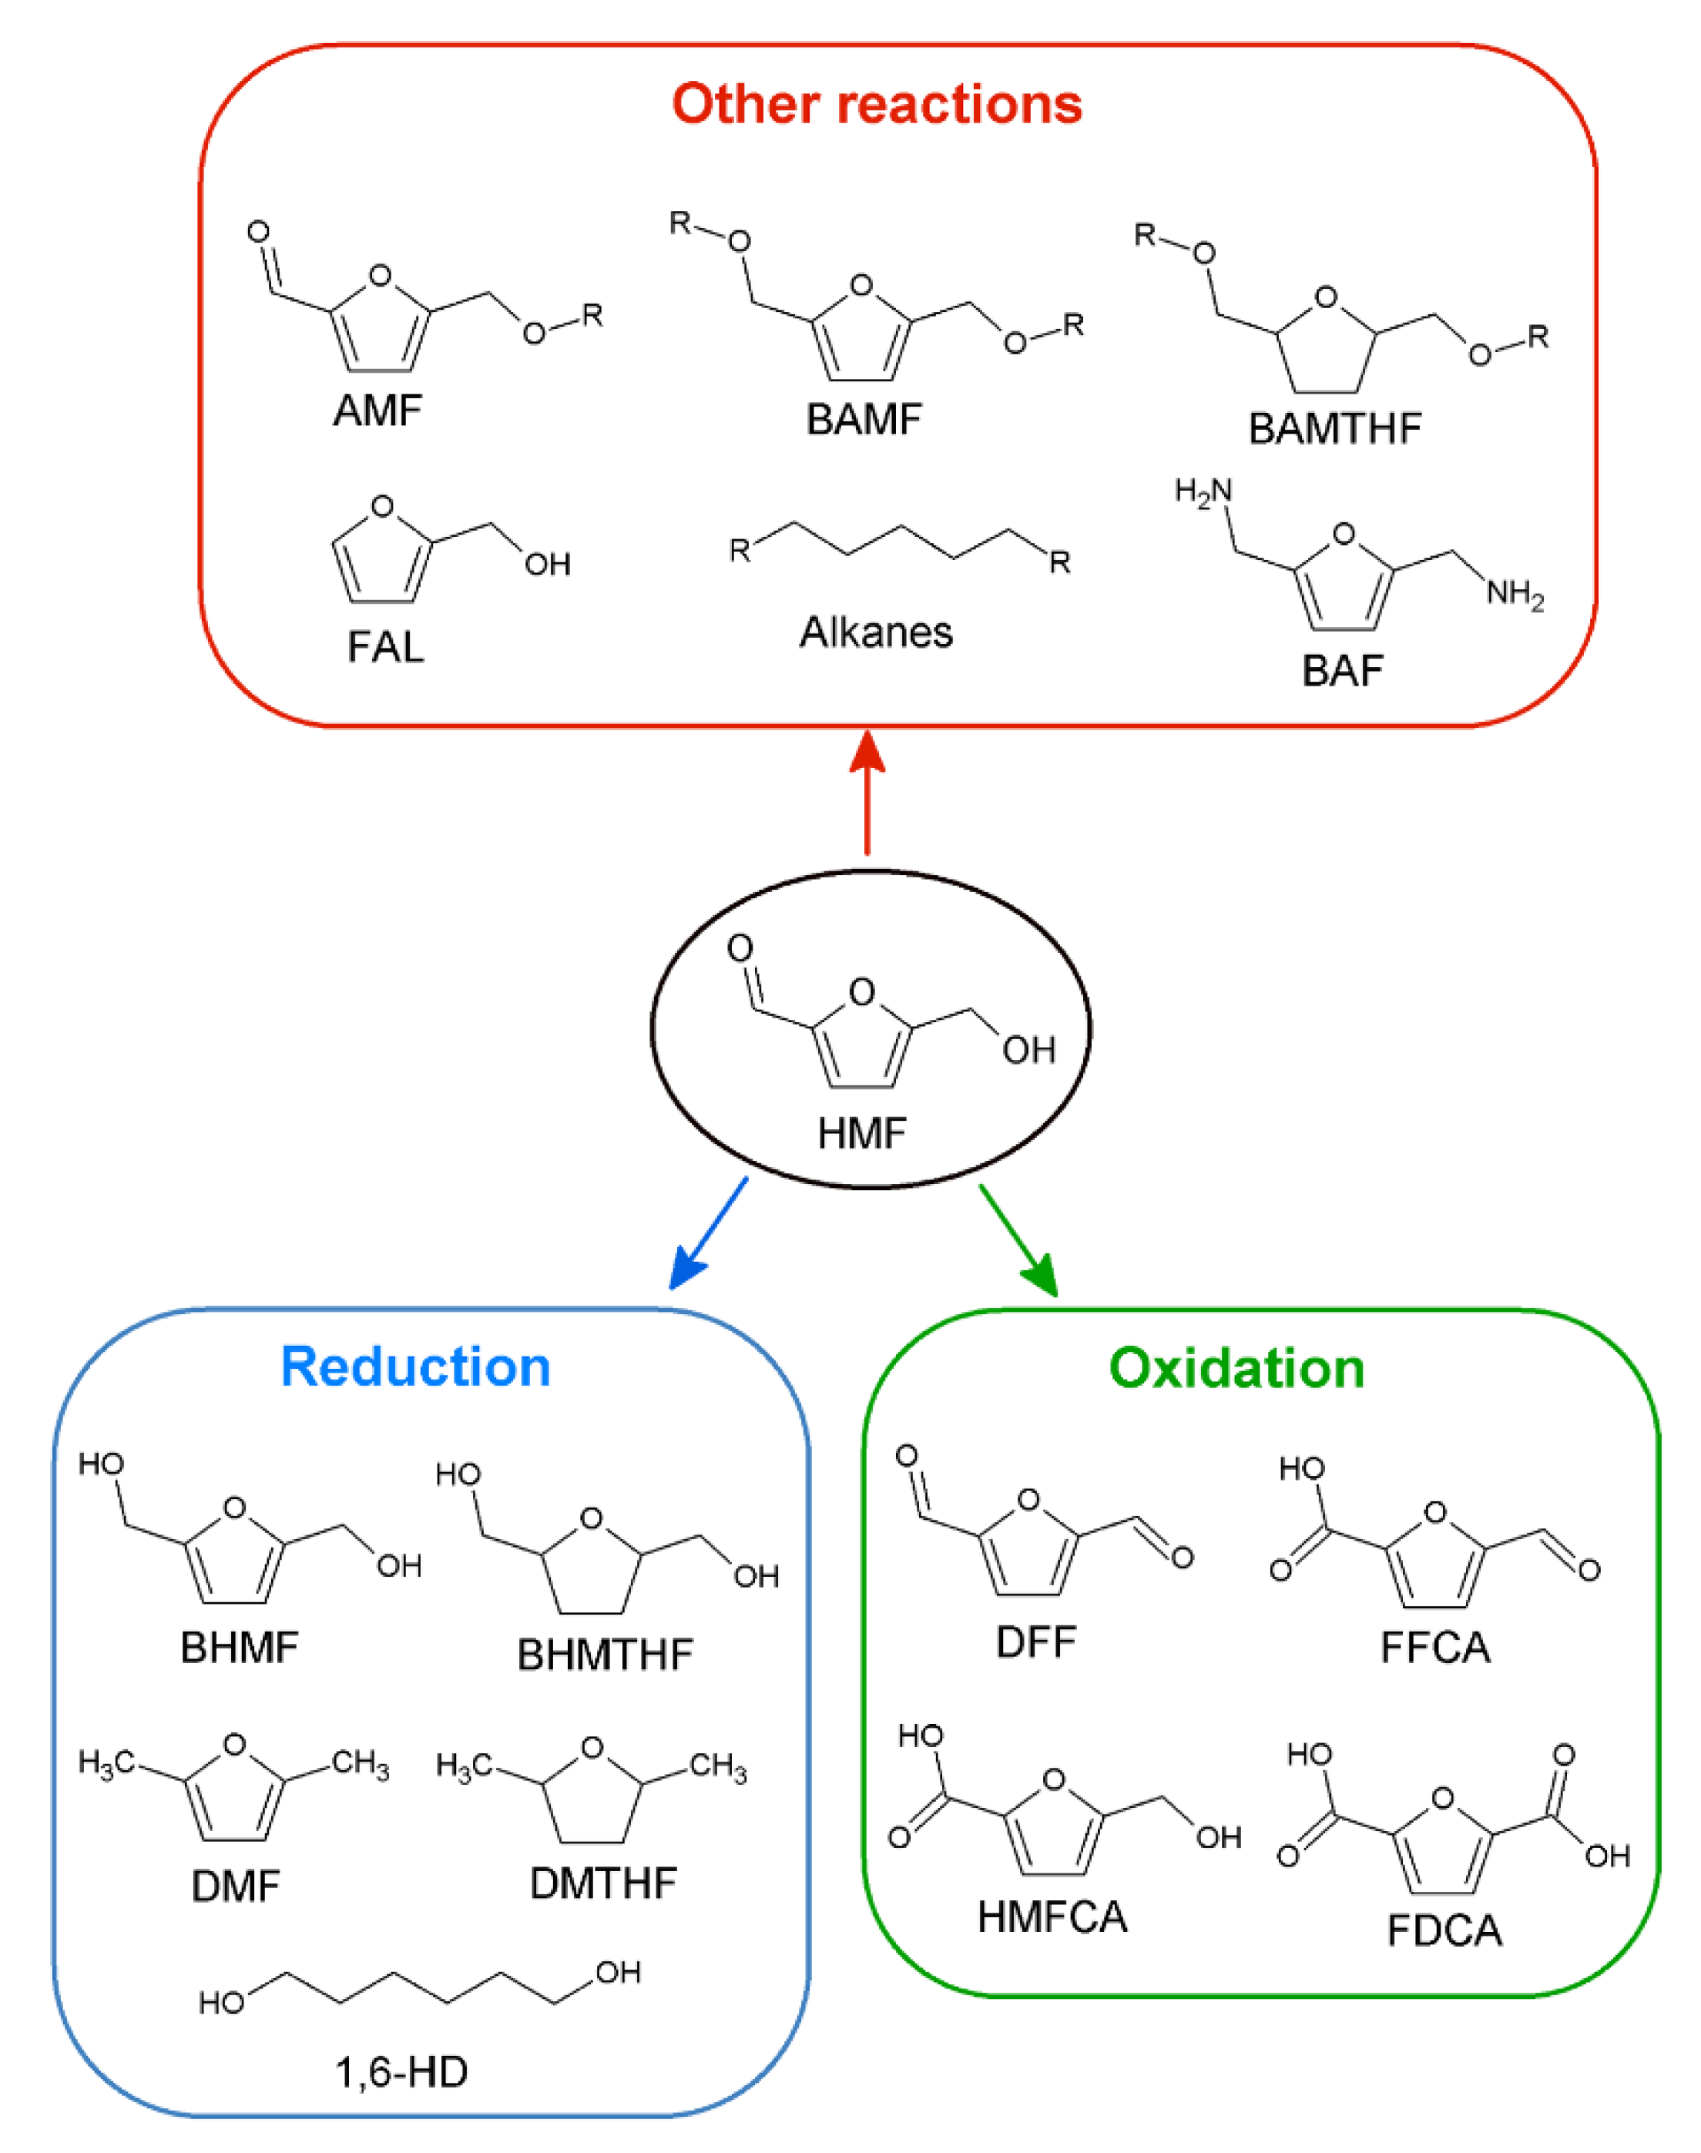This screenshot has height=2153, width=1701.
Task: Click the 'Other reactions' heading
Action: [x=877, y=103]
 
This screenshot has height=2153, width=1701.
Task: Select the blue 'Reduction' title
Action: [x=415, y=1367]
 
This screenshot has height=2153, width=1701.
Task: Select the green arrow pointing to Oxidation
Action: [x=1018, y=1240]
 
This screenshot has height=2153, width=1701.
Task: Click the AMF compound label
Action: [x=377, y=411]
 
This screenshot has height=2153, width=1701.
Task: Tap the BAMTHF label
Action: [x=1334, y=429]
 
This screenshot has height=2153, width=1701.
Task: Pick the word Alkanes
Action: [x=875, y=632]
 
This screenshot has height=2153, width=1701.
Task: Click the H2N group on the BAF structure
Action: [x=1203, y=491]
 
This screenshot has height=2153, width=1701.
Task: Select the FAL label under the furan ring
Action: [x=385, y=647]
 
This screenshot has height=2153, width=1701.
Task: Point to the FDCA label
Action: [x=1444, y=1931]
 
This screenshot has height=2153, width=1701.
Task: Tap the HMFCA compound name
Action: [x=1052, y=1917]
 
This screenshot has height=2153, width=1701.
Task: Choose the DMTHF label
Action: [x=602, y=1883]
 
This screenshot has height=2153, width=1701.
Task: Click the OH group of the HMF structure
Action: [x=1028, y=1050]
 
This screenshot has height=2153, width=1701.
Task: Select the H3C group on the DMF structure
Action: [x=106, y=1764]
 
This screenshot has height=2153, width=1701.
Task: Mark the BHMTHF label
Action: [x=605, y=1655]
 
